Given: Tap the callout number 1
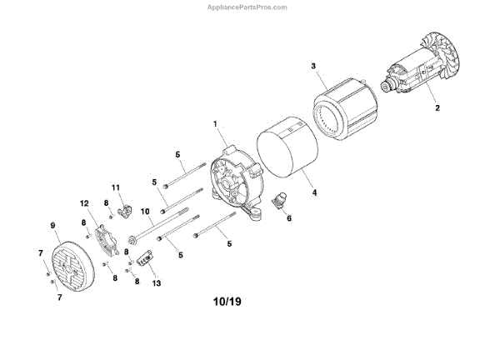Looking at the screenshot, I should coord(214,124).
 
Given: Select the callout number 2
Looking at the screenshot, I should coord(434,107).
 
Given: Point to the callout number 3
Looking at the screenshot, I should coord(313,65).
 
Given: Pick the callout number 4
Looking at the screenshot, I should coord(315,192).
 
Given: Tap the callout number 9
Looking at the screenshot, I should coord(52,225).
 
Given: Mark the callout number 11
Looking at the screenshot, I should coord(117,187).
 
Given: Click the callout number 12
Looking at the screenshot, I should coord(84,203).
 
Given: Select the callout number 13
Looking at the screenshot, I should coord(157,283).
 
